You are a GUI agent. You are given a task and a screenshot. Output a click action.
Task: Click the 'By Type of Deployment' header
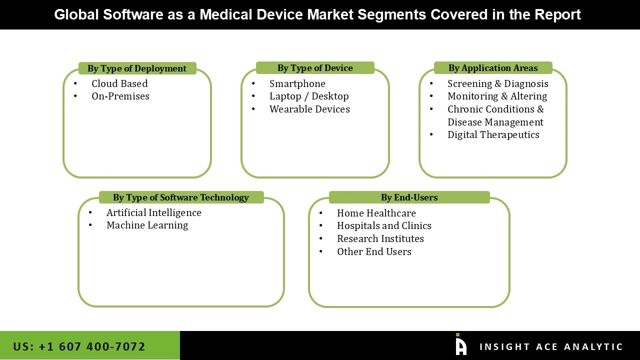coord(137,68)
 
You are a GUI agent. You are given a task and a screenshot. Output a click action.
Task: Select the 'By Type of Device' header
coord(315,68)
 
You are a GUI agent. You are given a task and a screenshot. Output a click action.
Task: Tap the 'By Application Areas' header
coord(493,68)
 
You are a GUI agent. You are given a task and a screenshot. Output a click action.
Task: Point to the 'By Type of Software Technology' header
coord(181,197)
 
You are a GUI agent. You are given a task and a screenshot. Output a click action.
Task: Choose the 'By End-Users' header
coord(409,197)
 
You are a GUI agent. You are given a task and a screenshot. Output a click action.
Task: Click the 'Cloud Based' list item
coord(119,83)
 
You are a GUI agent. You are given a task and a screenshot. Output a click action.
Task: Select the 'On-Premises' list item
coord(120,96)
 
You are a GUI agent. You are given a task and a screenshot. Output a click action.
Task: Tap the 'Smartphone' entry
coord(297,83)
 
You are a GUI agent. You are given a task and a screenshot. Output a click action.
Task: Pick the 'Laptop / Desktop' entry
coord(309,96)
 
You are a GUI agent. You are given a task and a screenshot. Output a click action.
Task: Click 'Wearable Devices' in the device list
coord(309,109)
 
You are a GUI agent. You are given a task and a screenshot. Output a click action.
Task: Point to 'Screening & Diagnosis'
coord(497,83)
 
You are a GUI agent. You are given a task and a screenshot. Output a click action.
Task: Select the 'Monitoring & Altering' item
coord(497,96)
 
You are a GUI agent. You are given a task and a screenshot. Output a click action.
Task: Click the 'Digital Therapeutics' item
coord(493,134)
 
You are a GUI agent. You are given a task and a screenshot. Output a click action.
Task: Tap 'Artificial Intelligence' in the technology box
coord(154,212)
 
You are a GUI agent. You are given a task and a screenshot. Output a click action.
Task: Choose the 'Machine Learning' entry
coord(147,225)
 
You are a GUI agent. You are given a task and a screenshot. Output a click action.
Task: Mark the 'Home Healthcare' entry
coord(376,213)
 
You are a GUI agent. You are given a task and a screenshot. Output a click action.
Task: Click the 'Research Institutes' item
coord(380,238)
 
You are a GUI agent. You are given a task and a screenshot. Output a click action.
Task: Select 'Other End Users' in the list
coord(374,251)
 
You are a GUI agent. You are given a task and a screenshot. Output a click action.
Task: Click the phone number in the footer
coord(79,346)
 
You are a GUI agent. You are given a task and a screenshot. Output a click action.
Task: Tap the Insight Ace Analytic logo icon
coord(460,344)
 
